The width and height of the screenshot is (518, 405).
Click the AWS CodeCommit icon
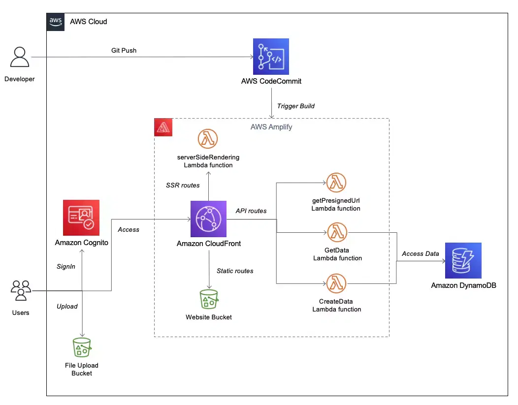coord(271,56)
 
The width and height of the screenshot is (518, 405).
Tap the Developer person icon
coord(20,57)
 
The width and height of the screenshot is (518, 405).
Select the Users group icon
coord(21,290)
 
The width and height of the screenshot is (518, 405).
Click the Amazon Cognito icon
coord(81,218)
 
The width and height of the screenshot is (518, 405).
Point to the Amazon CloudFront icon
coord(209,219)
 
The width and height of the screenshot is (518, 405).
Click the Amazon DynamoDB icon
coord(463,261)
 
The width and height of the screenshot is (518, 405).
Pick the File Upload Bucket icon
coord(81,347)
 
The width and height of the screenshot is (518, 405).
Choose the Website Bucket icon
coord(209,299)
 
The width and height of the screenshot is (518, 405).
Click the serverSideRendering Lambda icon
coord(208,139)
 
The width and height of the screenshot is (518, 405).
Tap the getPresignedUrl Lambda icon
coord(336,183)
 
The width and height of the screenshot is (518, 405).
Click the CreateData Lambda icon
coord(336,283)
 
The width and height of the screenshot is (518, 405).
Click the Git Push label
coord(124,50)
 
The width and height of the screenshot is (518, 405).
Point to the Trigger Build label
coord(295,106)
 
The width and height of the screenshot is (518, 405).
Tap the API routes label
coord(251,211)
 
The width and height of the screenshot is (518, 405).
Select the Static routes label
coord(235,271)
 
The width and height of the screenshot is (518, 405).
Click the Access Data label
coord(420,253)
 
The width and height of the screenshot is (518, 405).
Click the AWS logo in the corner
coord(55,22)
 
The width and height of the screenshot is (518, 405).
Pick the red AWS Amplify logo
coord(162,126)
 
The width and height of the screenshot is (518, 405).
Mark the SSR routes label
coord(183,185)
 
